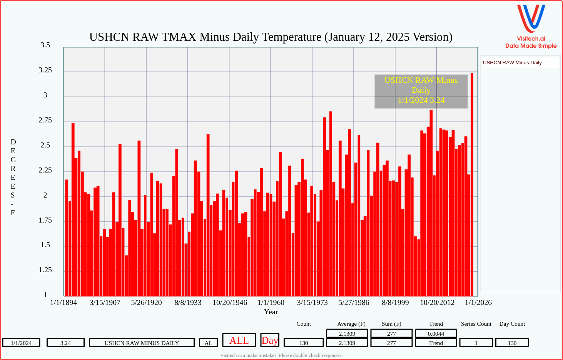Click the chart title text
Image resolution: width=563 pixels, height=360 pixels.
(271, 37)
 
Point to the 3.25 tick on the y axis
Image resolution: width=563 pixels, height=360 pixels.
(45, 70)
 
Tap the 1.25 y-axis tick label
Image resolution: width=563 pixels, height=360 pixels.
(45, 270)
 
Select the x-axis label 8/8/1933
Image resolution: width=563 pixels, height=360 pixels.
(188, 303)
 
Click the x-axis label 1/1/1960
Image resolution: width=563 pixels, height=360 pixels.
(271, 303)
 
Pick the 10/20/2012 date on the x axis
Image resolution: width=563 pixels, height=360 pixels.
(437, 303)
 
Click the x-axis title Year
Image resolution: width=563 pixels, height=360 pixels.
(271, 312)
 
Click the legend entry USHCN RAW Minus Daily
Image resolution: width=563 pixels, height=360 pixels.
(512, 63)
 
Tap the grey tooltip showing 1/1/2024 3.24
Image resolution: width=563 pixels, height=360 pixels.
(421, 91)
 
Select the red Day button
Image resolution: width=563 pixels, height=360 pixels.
(270, 340)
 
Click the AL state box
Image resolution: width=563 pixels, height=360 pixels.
(209, 343)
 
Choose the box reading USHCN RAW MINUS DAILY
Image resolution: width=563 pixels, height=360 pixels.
(142, 343)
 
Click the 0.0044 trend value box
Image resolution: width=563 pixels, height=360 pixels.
(436, 334)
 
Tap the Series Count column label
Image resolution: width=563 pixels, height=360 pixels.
(476, 324)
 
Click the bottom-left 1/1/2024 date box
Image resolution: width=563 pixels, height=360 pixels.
(21, 343)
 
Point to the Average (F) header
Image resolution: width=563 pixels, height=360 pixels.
(351, 324)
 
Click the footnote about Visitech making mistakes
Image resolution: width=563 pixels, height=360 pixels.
(281, 355)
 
